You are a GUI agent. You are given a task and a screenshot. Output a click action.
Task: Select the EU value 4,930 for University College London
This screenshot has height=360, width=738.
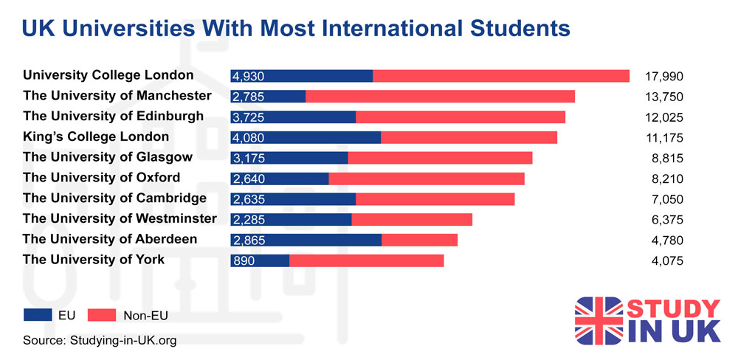tap(248, 76)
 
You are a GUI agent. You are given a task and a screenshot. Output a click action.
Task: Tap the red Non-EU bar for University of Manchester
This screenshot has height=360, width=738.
tap(440, 97)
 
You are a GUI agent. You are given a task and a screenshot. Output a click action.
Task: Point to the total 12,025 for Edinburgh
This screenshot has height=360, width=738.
tap(663, 117)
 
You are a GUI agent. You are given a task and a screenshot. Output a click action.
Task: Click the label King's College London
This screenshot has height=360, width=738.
tap(96, 136)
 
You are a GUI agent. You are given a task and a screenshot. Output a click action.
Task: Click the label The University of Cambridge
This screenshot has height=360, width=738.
tap(115, 198)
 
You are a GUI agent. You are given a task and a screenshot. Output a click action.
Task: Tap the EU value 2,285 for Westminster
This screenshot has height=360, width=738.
tap(248, 219)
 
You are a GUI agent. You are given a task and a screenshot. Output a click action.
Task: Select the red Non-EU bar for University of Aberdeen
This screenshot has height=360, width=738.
tap(419, 240)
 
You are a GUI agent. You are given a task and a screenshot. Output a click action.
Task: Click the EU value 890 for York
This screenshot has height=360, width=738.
tap(243, 260)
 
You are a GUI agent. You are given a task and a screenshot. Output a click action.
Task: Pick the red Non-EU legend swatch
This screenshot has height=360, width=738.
tap(107, 315)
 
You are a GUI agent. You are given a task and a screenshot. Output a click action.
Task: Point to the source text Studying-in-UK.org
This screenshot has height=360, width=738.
tap(123, 340)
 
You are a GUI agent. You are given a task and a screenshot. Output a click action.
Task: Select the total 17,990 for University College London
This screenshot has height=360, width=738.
tap(663, 76)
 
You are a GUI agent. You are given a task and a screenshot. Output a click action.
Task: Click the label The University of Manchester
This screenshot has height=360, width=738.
tap(117, 96)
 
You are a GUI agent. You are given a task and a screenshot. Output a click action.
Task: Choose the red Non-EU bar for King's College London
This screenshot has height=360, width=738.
tap(469, 137)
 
